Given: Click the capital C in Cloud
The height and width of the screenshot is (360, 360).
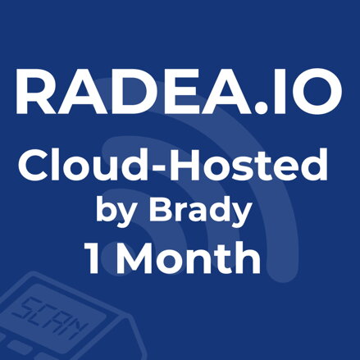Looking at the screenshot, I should point(34,169).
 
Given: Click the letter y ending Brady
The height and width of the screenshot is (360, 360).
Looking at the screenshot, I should point(238,216).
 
